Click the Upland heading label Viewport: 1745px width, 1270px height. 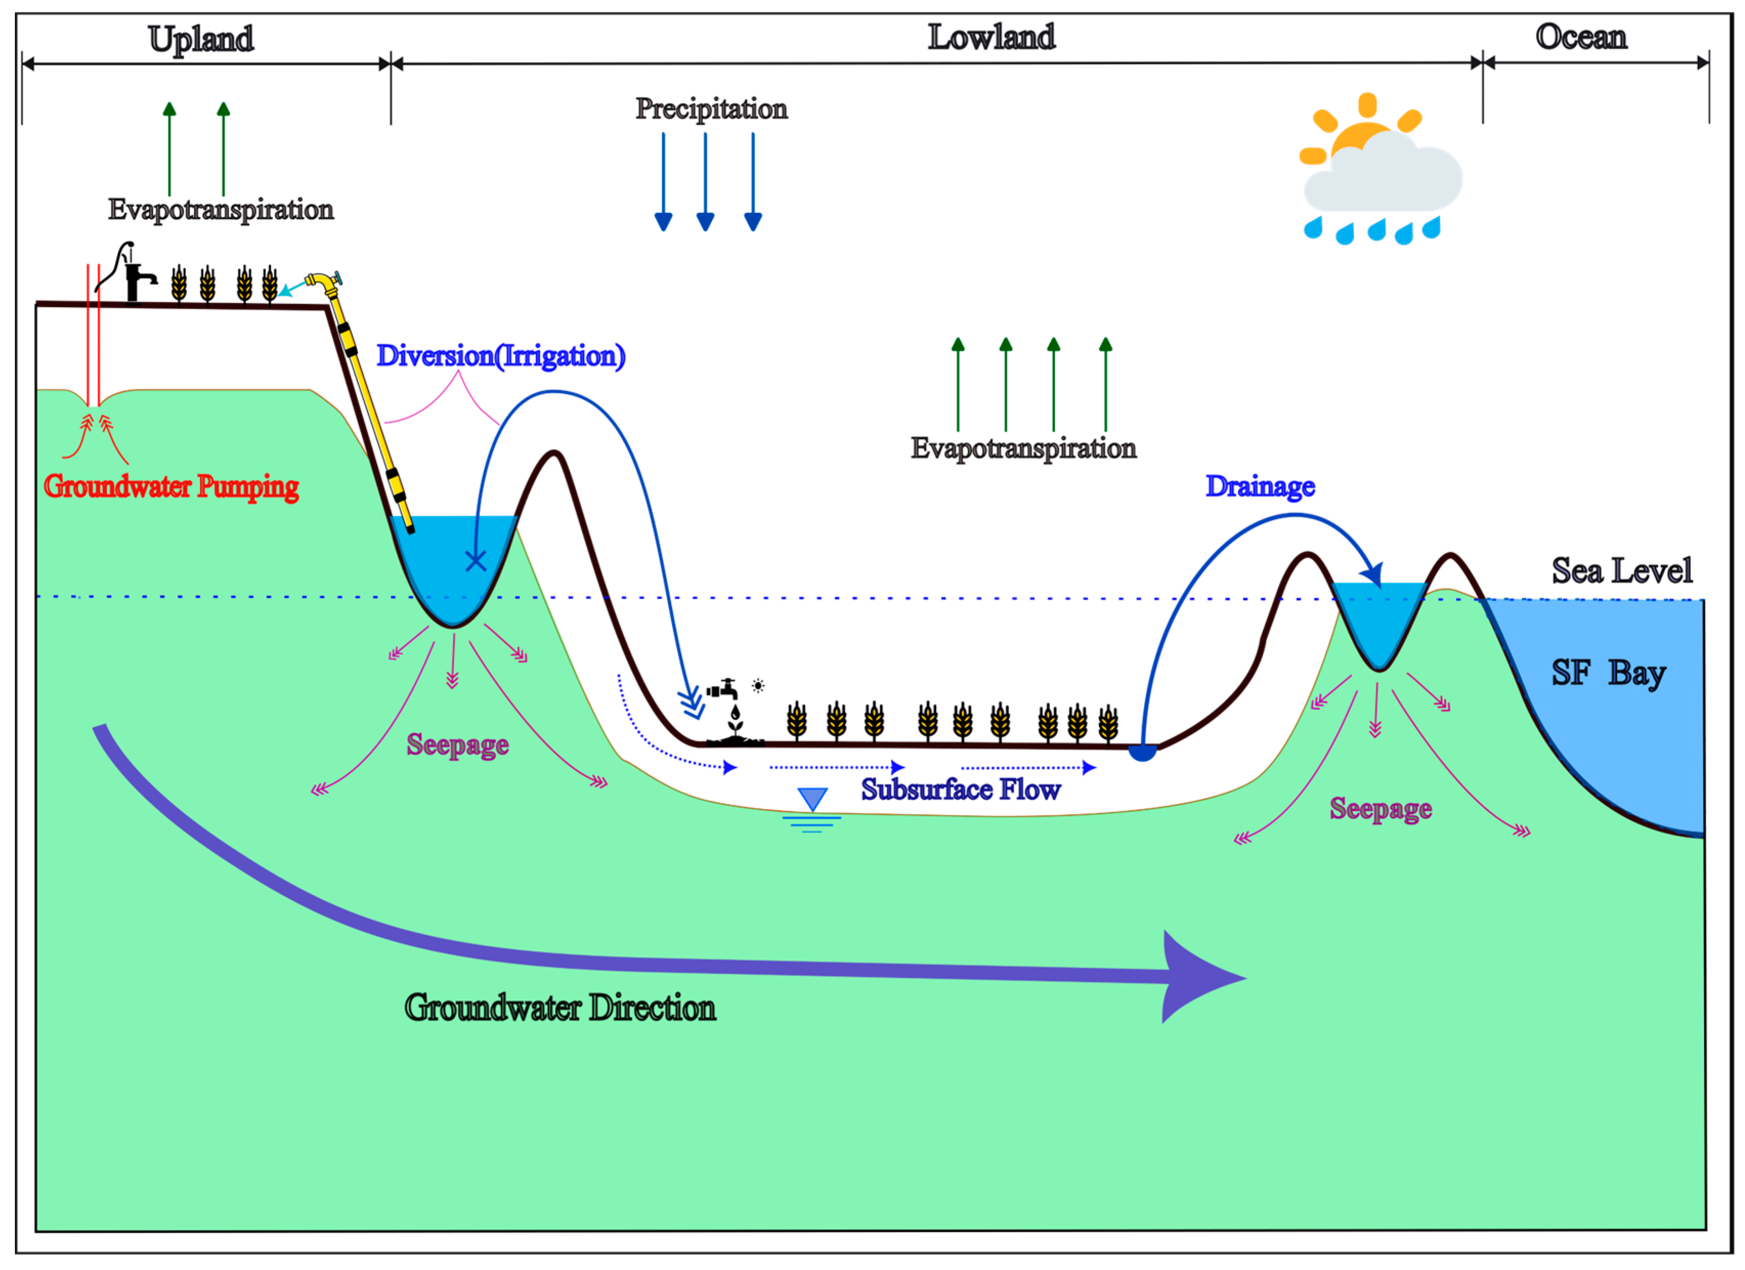pos(201,38)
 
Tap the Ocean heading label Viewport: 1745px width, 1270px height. pos(1581,36)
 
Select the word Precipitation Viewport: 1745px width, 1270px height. pos(711,108)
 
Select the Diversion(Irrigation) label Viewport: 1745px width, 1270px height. pos(500,356)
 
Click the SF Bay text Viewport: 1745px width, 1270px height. pos(1608,673)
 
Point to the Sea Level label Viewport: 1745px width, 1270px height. pos(1621,571)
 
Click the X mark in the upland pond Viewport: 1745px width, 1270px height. pos(475,561)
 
